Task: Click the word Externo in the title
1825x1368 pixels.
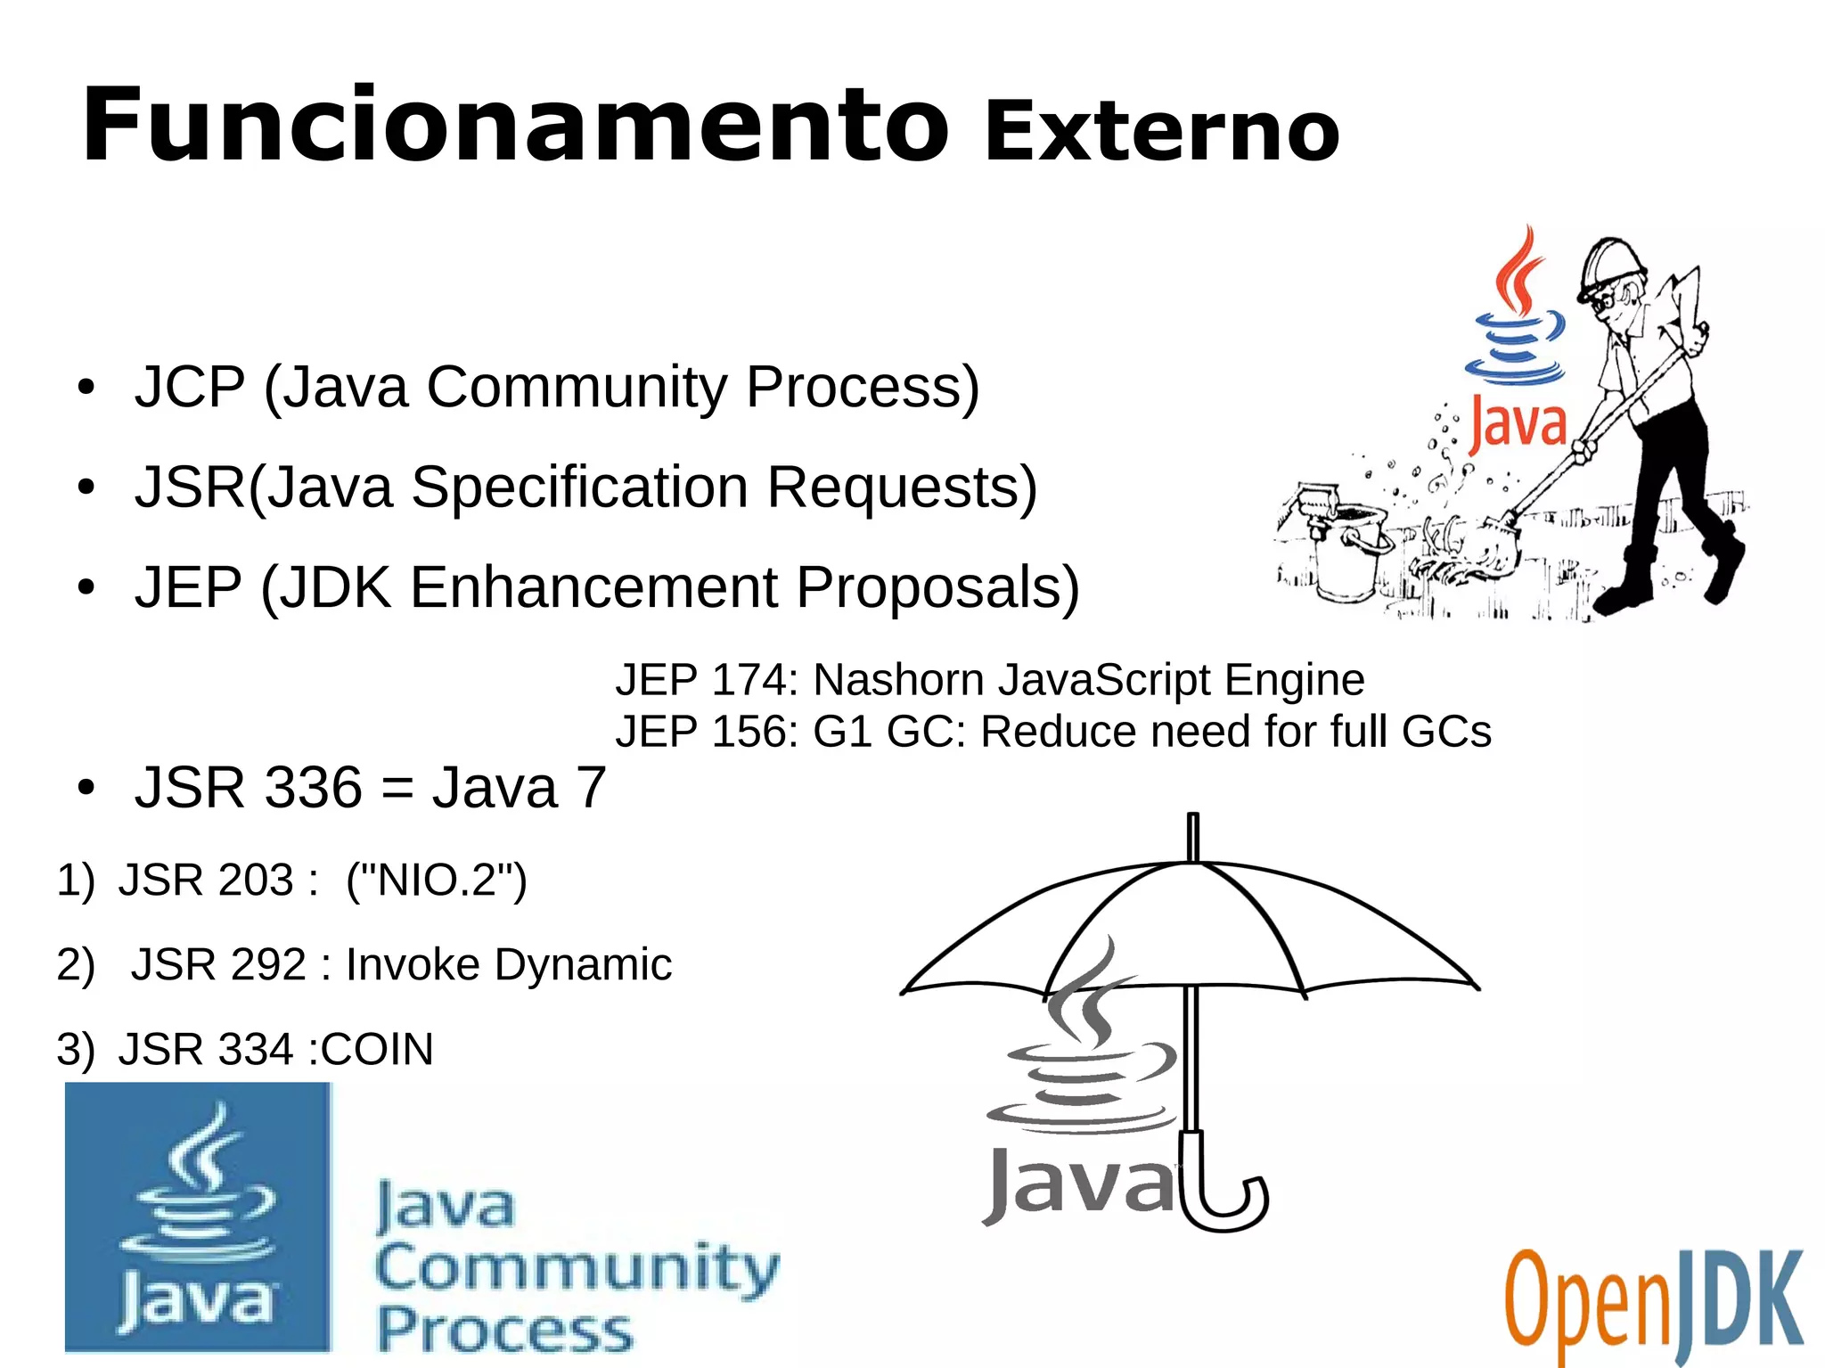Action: tap(1161, 134)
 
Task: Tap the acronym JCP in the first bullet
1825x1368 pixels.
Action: tap(190, 387)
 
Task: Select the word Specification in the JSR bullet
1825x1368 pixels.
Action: tap(579, 487)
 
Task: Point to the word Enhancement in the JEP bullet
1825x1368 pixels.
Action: tap(594, 587)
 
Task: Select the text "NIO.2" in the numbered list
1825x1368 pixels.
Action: tap(437, 881)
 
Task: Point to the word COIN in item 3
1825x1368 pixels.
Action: tap(377, 1049)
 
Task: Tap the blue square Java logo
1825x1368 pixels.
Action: tap(198, 1216)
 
